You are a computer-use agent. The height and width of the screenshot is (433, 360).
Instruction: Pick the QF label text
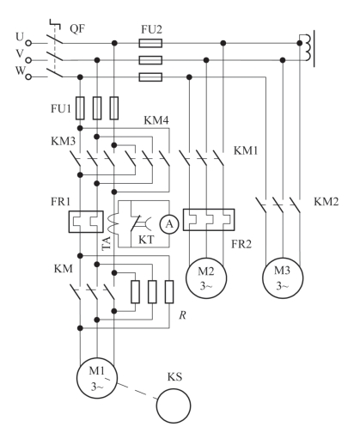(77, 29)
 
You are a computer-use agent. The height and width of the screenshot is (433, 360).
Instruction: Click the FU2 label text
(151, 29)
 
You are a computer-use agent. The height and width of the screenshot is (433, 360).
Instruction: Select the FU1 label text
(61, 108)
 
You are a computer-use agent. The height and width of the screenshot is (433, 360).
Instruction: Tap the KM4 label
(156, 120)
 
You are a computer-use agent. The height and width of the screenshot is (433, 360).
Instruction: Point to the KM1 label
(246, 150)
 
